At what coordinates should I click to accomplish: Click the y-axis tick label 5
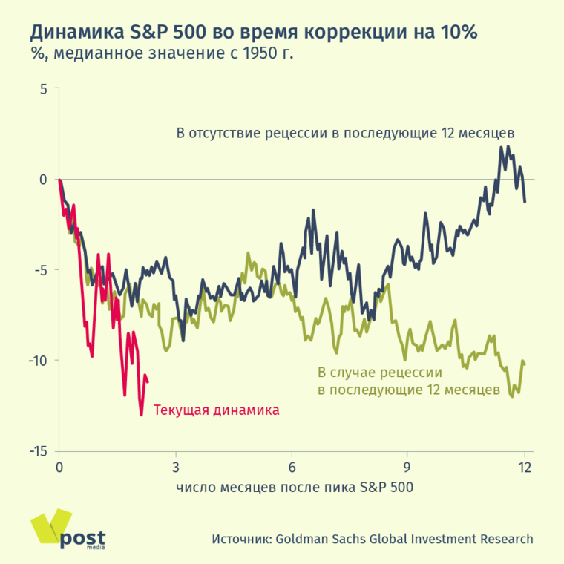[43, 89]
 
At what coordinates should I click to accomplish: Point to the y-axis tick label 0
[43, 180]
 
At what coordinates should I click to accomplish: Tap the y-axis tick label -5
[40, 270]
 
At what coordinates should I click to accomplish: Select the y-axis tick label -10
[37, 361]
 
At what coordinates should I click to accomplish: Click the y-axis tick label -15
[37, 451]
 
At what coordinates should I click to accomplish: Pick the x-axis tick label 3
[176, 467]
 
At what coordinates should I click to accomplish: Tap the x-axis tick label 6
[292, 467]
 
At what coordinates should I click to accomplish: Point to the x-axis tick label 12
[525, 467]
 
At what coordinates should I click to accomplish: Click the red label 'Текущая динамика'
[216, 410]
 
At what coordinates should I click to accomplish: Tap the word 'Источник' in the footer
[239, 540]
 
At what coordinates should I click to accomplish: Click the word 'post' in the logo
[82, 538]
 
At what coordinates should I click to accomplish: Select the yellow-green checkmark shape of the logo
[49, 528]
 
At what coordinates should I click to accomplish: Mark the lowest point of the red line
[141, 414]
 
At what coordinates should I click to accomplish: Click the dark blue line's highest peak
[502, 147]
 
